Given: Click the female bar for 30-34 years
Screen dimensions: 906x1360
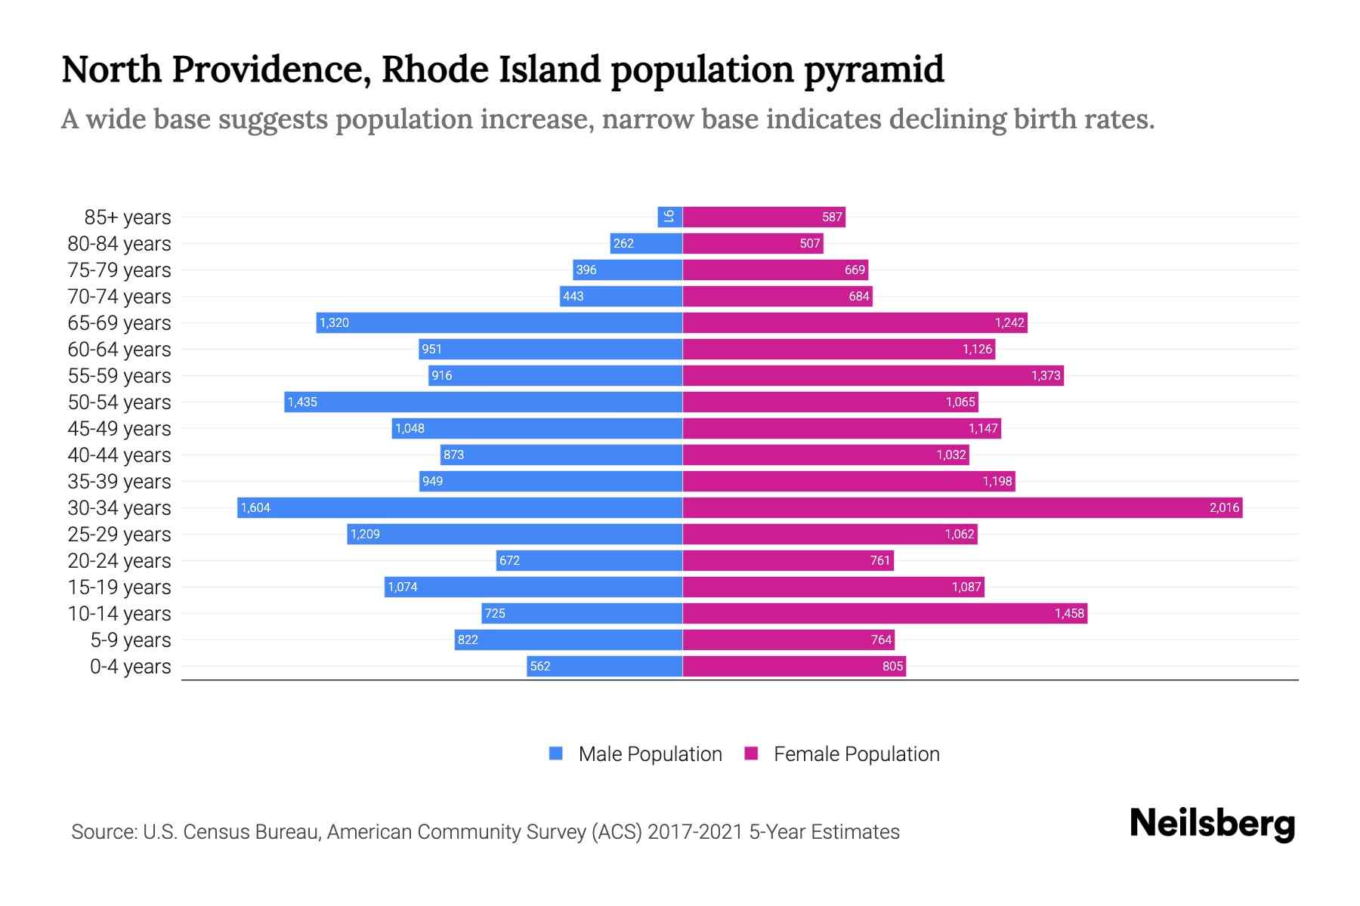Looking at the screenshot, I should click(x=962, y=507).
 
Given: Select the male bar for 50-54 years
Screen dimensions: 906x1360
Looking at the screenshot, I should click(x=484, y=402).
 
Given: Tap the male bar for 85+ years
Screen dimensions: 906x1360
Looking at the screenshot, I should click(x=670, y=217).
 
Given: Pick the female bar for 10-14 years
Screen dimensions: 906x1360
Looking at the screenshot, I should click(x=884, y=613).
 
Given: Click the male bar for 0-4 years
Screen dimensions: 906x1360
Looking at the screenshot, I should click(x=604, y=666).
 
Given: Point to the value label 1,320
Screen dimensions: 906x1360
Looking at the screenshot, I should click(x=334, y=323).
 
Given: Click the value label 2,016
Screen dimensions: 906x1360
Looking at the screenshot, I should click(x=1224, y=507).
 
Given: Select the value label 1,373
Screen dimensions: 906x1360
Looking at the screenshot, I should click(x=1046, y=375).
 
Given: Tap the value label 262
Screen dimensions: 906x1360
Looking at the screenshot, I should click(x=623, y=243).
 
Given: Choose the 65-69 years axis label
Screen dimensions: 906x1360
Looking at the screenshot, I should click(x=119, y=323).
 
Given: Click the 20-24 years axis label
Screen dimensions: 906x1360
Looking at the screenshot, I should click(x=119, y=561).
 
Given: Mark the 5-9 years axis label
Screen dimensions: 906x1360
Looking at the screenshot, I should click(x=131, y=640).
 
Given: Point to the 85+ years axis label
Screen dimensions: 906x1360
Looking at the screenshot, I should click(x=128, y=217).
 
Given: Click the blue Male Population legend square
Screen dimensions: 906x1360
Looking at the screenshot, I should click(x=556, y=753).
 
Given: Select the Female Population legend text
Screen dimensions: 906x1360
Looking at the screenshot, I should click(x=856, y=754).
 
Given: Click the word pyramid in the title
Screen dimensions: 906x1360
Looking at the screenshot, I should click(x=873, y=70).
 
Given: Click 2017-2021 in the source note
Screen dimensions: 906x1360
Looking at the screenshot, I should click(x=695, y=832).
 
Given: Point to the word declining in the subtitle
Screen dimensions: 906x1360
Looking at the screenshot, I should click(x=947, y=119).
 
